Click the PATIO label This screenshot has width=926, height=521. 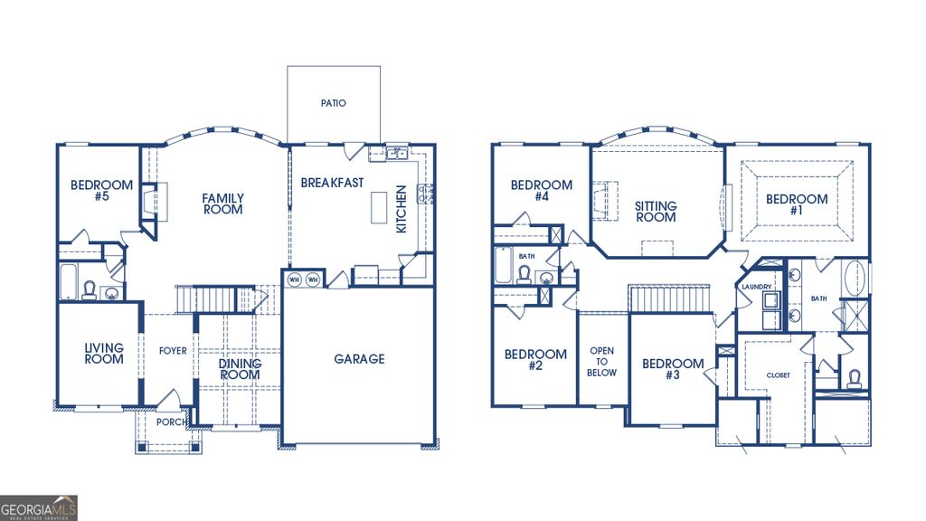click(333, 103)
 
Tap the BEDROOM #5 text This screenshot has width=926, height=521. click(101, 191)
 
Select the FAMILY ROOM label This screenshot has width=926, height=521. click(222, 204)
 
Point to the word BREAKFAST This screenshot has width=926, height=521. click(332, 183)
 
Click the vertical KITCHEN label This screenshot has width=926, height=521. click(402, 210)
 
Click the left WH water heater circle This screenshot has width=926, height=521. click(295, 279)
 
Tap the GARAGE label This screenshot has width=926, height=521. click(359, 359)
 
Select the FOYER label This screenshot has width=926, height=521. click(173, 351)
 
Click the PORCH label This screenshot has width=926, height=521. click(172, 422)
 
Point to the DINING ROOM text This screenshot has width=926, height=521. click(241, 369)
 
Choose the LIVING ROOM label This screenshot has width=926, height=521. click(104, 354)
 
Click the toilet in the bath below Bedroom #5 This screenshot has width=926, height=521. click(90, 289)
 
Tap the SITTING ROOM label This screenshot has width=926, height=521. click(656, 212)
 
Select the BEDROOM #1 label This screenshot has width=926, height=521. click(797, 205)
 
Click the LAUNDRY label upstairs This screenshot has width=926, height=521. click(756, 287)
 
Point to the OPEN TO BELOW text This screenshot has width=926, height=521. click(602, 362)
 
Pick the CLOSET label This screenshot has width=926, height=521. click(778, 374)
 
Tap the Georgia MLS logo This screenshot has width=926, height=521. click(39, 507)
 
